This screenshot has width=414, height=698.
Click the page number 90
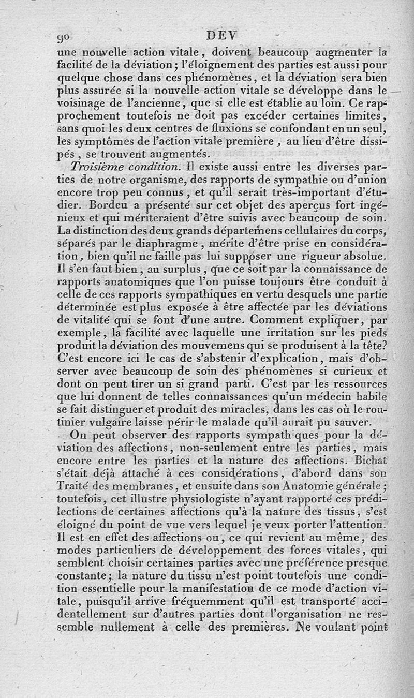pyautogui.click(x=67, y=38)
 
